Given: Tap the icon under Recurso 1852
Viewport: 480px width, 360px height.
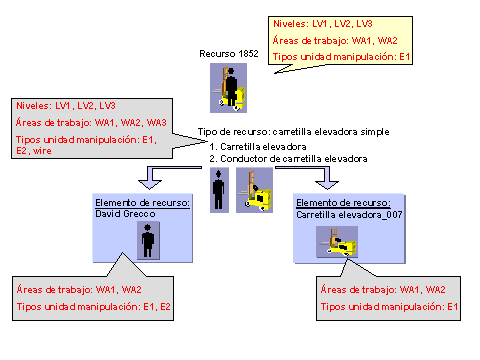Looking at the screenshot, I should tap(229, 87).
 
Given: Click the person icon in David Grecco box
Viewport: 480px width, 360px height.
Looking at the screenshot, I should tap(149, 241).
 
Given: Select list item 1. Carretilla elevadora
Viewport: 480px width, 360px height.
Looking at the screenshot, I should tap(258, 146).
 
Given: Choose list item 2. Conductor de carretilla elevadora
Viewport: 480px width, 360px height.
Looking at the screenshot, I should tap(288, 158).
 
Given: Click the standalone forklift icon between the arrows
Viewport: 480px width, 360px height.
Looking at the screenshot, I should tap(254, 190).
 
